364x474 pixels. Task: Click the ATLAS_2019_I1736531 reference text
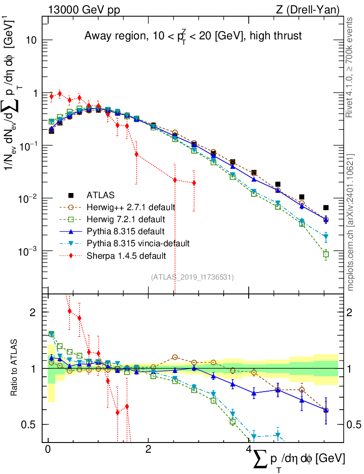(x=192, y=277)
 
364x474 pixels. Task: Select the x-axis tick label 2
(x=148, y=449)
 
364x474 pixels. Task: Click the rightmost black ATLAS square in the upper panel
(x=326, y=208)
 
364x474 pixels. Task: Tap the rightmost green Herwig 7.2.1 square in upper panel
(x=326, y=254)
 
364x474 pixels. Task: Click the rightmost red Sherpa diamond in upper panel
(x=194, y=183)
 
